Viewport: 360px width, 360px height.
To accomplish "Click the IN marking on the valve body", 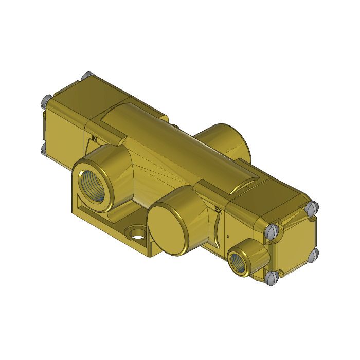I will coord(94,138).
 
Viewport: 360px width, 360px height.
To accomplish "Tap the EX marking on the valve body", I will coord(218,209).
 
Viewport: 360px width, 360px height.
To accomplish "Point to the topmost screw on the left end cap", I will coord(86,76).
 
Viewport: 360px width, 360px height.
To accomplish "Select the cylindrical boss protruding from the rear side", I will coord(224,139).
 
